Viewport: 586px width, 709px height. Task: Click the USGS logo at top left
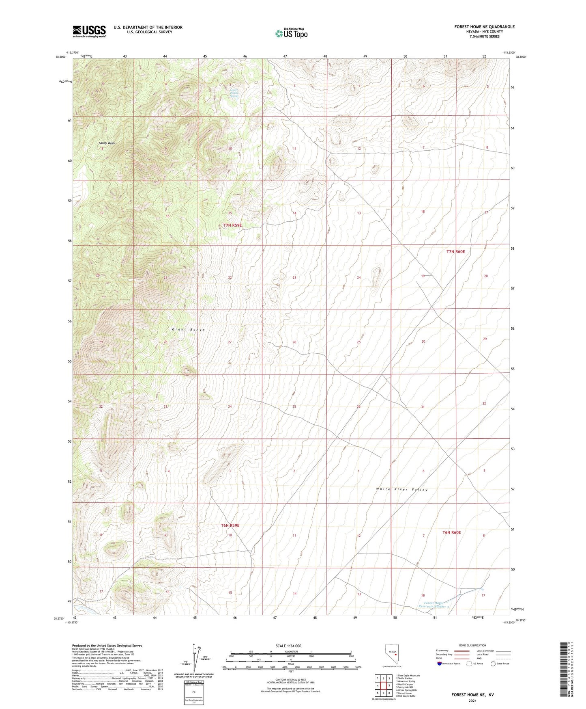click(x=89, y=31)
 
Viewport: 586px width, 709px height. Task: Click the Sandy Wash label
click(x=107, y=143)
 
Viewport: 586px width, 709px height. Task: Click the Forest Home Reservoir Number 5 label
click(x=434, y=605)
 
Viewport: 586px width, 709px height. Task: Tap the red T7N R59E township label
click(x=233, y=225)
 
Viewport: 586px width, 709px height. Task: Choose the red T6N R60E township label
click(x=451, y=532)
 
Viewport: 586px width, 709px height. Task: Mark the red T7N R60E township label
click(x=455, y=252)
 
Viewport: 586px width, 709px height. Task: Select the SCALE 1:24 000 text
click(x=288, y=646)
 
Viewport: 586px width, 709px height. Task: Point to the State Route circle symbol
click(x=493, y=664)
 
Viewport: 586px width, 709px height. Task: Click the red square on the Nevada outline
click(x=395, y=654)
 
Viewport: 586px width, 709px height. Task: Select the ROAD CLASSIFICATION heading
click(x=472, y=645)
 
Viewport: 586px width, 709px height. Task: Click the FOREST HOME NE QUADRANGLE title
click(x=484, y=27)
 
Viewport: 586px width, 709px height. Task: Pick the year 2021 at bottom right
click(x=472, y=701)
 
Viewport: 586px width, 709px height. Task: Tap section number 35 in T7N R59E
click(x=294, y=406)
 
